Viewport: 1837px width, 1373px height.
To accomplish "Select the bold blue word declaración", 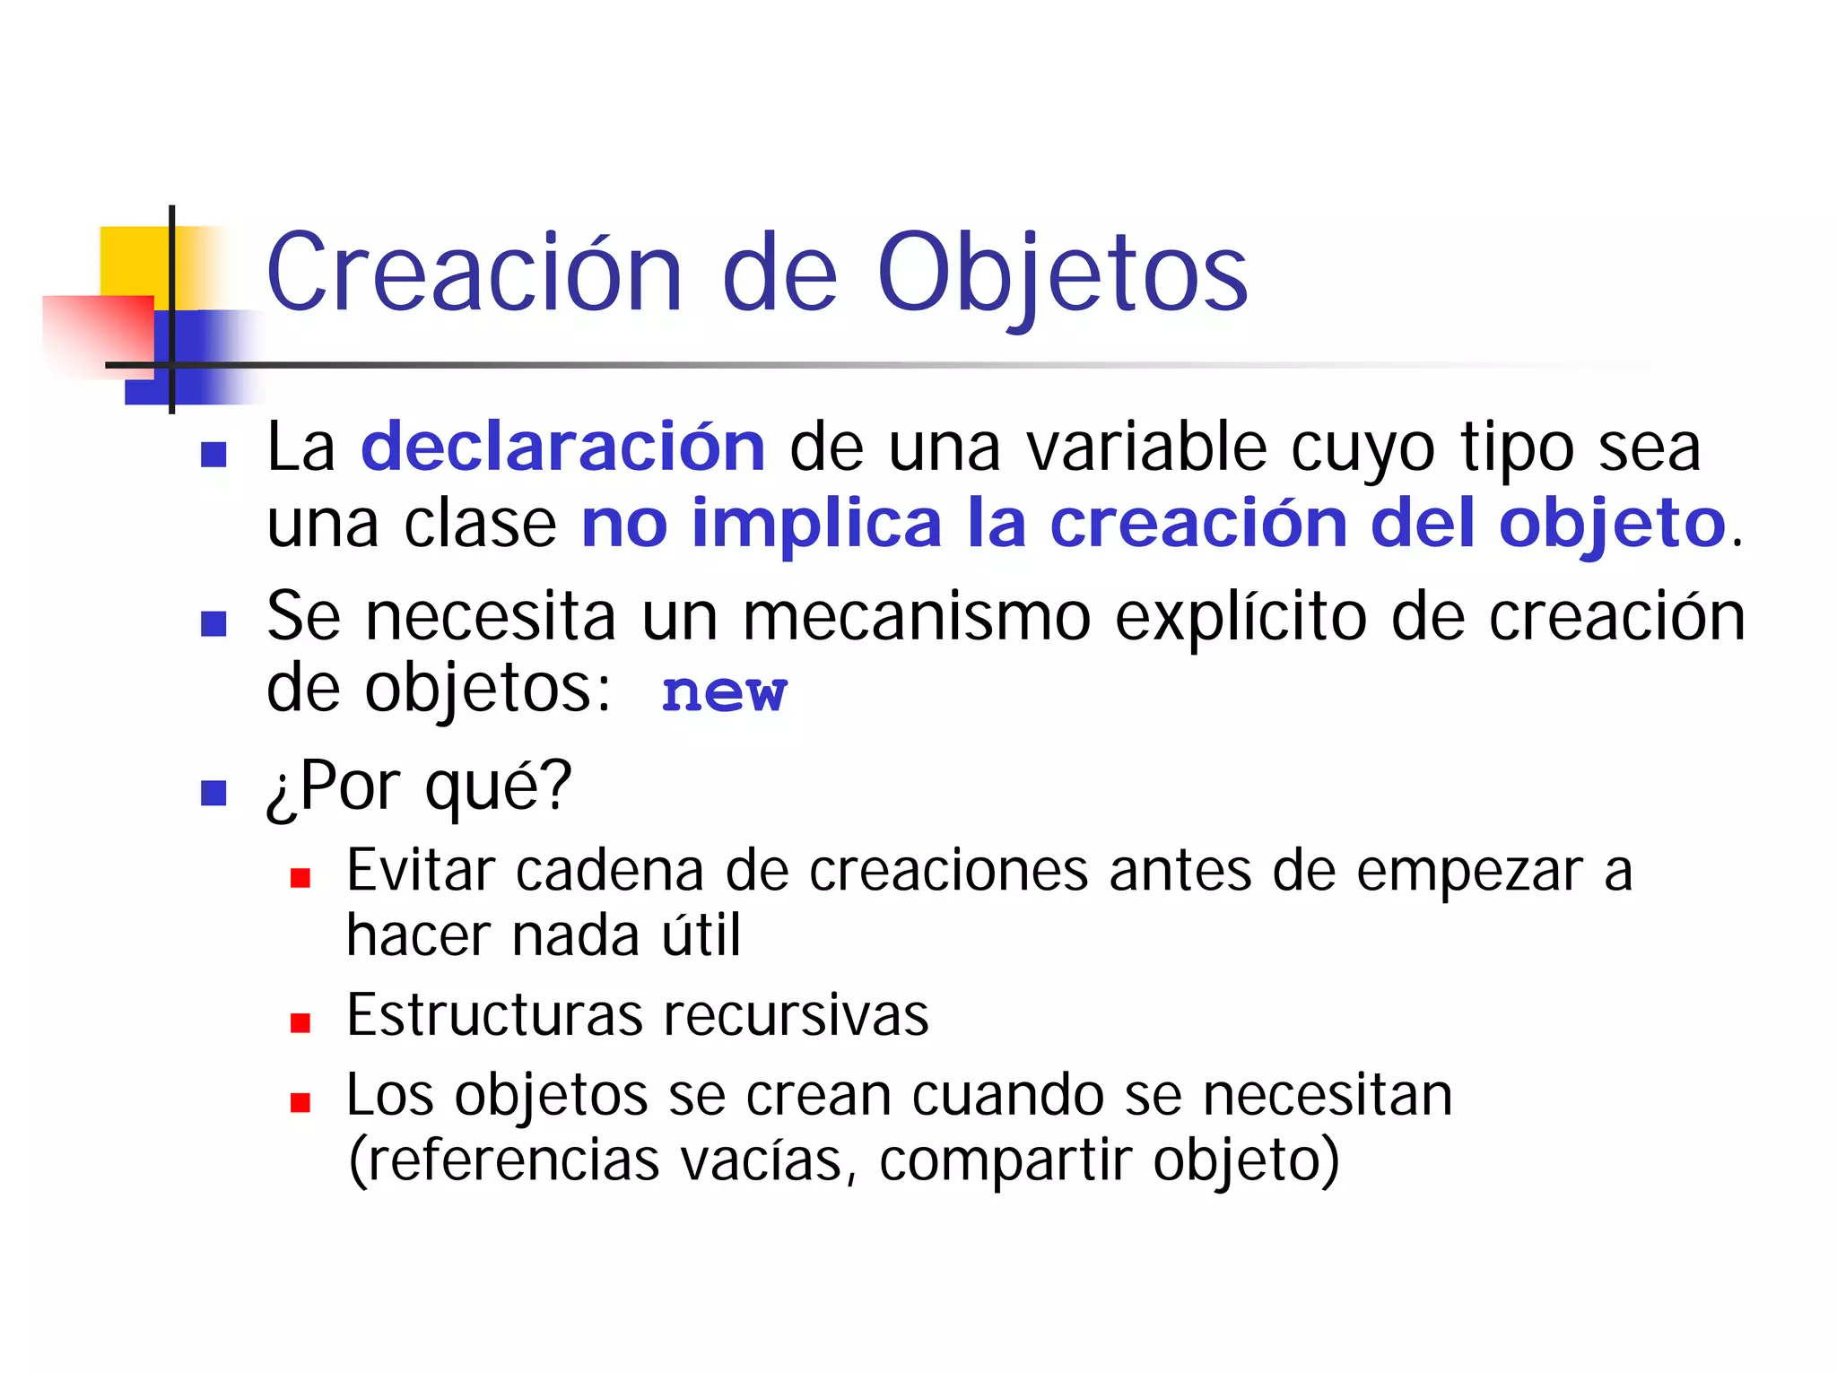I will tap(563, 447).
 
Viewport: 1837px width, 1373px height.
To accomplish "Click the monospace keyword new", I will tap(724, 692).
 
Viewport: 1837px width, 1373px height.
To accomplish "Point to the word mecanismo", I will tap(917, 617).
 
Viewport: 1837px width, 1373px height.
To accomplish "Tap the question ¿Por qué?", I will tap(419, 786).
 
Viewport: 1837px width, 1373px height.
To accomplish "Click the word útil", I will tap(701, 935).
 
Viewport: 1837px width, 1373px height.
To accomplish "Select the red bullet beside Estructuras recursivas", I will tap(300, 1023).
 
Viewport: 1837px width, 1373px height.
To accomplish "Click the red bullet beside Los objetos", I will tap(300, 1102).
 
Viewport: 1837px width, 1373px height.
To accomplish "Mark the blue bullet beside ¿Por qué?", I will tap(213, 793).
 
